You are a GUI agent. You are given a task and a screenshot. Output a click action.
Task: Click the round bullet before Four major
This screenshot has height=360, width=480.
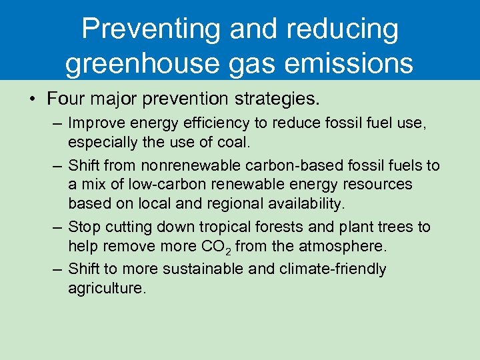pyautogui.click(x=32, y=100)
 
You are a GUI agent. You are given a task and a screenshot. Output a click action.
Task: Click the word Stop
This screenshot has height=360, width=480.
pyautogui.click(x=83, y=227)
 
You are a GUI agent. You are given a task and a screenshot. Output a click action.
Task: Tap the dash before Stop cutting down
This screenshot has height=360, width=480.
pyautogui.click(x=58, y=227)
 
